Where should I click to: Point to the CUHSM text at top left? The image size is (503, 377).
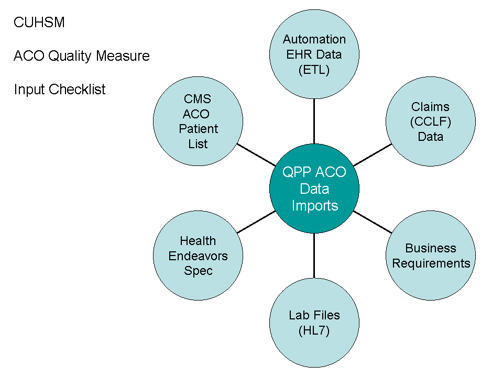click(39, 23)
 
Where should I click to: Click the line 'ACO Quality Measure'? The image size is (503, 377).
click(82, 56)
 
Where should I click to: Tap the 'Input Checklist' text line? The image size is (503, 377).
click(60, 90)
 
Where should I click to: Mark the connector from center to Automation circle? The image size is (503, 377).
click(314, 120)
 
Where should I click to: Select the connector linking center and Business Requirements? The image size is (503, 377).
click(373, 222)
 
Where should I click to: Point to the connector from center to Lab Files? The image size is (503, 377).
click(314, 256)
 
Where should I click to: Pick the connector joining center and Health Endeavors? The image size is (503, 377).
click(257, 222)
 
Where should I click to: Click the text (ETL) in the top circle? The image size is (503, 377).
click(314, 70)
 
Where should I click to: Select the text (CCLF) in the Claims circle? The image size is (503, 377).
click(431, 122)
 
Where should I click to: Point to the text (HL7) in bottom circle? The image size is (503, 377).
click(314, 330)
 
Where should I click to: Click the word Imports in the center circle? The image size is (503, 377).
click(314, 206)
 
